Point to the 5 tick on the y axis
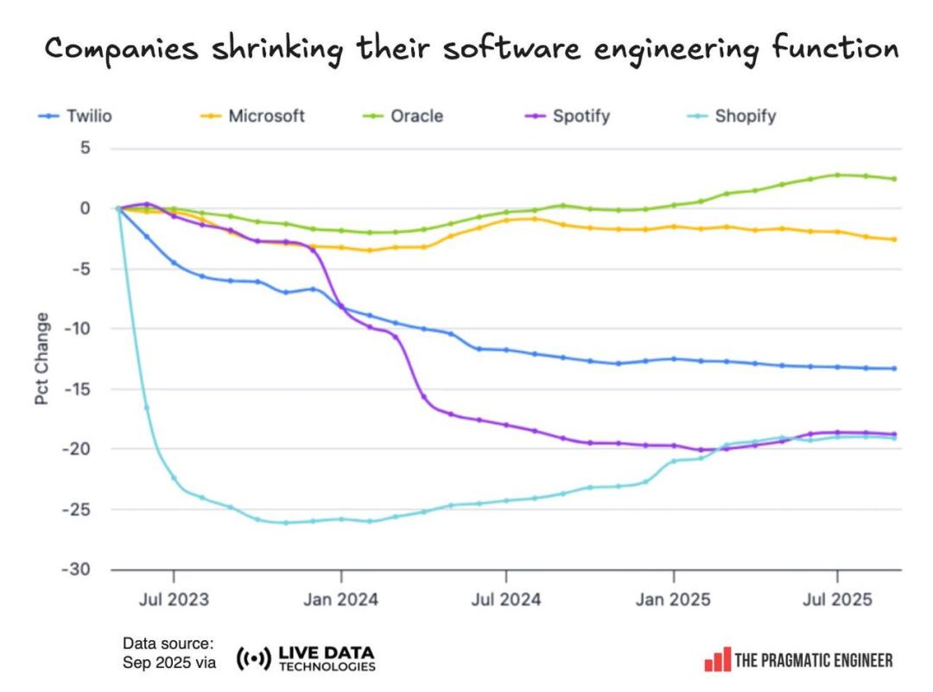point(85,149)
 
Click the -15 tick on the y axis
point(78,390)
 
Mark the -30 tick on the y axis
point(78,570)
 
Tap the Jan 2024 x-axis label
point(341,599)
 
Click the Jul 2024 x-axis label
point(506,599)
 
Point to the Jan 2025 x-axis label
point(673,599)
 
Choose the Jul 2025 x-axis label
point(836,599)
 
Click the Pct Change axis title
point(42,359)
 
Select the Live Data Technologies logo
point(307,659)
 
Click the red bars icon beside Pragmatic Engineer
point(717,660)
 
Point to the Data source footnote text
point(168,653)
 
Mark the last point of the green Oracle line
point(894,179)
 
